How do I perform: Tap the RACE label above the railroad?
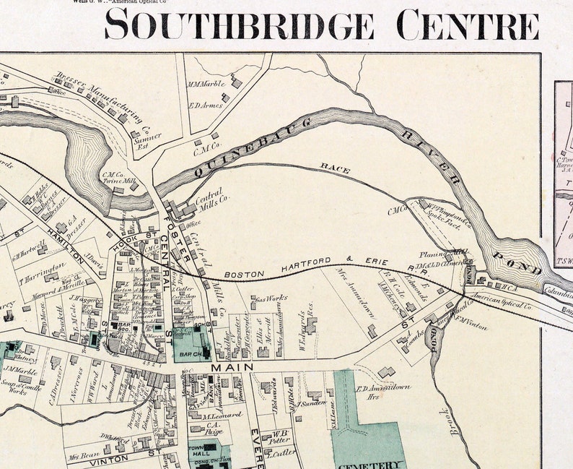[x=336, y=170]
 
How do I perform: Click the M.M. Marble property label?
[x=207, y=85]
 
